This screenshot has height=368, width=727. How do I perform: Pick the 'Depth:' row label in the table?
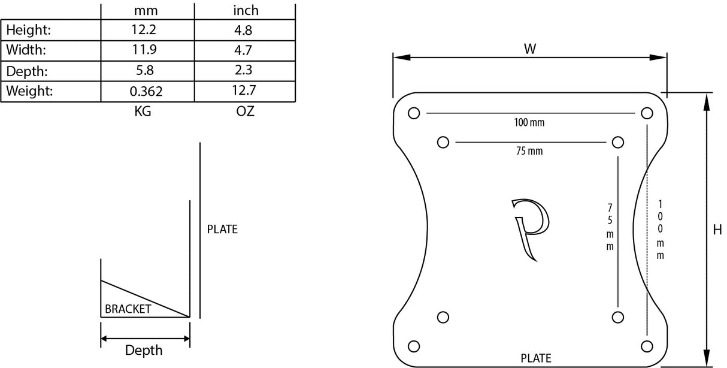[x=27, y=71]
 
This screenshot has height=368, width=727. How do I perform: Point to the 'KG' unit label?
[x=143, y=112]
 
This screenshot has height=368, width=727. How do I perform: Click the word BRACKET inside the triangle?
[x=128, y=309]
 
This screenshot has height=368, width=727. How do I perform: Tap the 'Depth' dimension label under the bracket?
[x=144, y=350]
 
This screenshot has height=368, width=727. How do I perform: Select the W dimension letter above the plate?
[x=529, y=49]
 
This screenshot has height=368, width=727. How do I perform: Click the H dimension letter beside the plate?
[x=717, y=230]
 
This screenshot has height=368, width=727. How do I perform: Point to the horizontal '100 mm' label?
[x=529, y=123]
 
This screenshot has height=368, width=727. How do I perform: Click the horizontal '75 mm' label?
[x=529, y=151]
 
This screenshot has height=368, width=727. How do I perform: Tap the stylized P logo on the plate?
[x=531, y=228]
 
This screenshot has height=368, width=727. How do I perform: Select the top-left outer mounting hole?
[x=413, y=113]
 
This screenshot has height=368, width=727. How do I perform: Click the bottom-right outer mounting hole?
[x=646, y=345]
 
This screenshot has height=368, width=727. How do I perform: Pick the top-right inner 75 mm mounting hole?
[x=618, y=142]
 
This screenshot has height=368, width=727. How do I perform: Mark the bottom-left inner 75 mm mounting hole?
[x=443, y=316]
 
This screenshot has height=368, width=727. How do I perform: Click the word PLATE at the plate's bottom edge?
[x=535, y=358]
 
